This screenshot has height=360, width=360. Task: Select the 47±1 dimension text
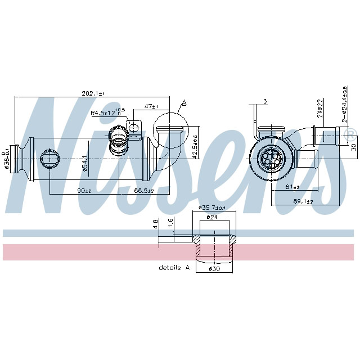coord(151,106)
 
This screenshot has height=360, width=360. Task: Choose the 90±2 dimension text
coord(85,191)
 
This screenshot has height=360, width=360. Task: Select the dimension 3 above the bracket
coord(265,102)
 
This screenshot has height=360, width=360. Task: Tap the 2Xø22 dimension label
coord(319,109)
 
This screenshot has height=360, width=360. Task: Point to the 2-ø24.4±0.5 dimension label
coord(344,105)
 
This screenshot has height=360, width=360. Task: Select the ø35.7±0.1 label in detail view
coord(214,208)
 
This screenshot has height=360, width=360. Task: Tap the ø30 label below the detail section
coord(214,269)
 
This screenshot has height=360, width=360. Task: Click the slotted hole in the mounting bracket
coord(134,127)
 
